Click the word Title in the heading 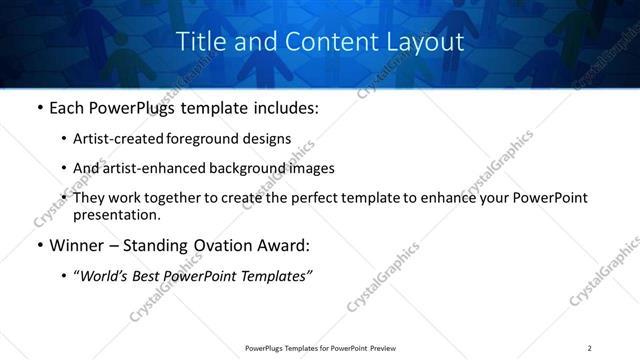(x=198, y=42)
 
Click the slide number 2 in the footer (x=590, y=347)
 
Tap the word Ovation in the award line (x=221, y=245)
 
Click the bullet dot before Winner (x=39, y=246)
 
